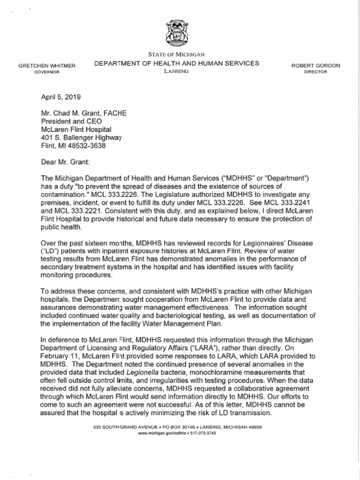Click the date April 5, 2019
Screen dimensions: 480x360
[x=61, y=97]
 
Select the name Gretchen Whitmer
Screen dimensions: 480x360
[x=47, y=66]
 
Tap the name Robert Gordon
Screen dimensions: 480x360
[x=315, y=66]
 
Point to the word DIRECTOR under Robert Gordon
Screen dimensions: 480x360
[x=315, y=72]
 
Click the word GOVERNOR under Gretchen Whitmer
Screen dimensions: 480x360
[x=47, y=73]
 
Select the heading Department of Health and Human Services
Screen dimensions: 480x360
[x=176, y=63]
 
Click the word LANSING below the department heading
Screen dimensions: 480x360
[x=176, y=71]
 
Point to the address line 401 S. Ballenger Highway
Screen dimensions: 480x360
[x=82, y=137]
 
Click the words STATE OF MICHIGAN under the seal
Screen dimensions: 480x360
[x=176, y=55]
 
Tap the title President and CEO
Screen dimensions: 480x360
[x=70, y=121]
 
